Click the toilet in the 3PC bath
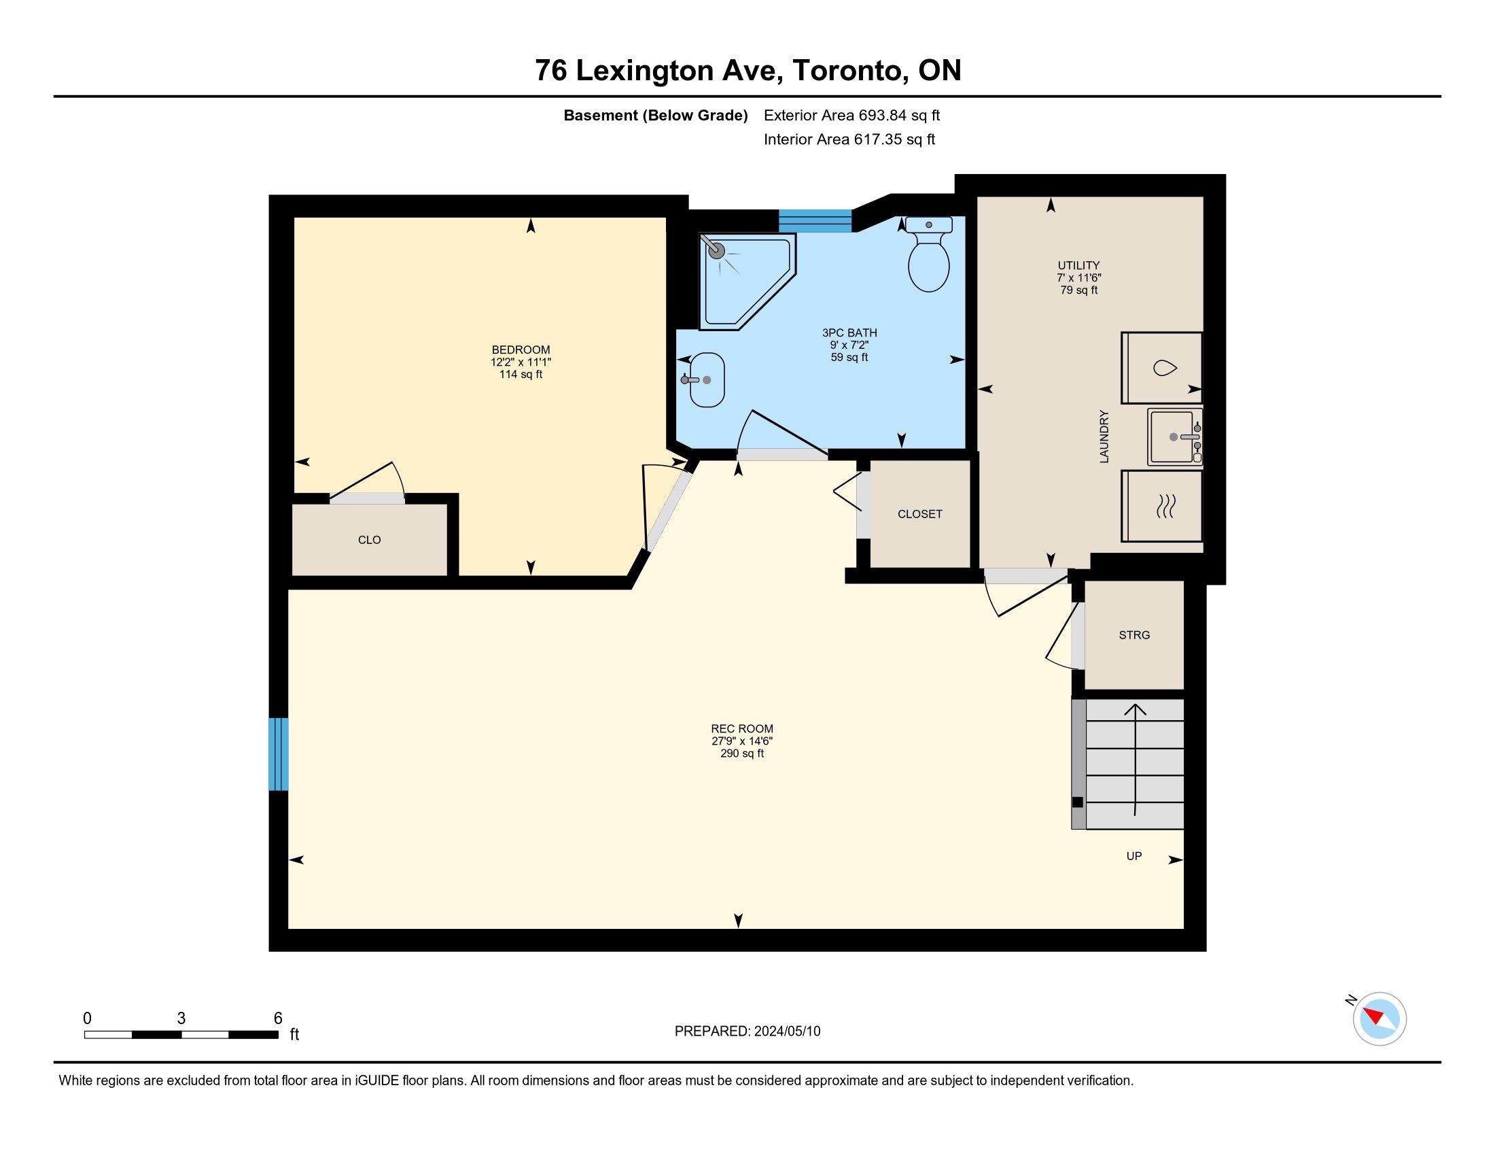tap(928, 254)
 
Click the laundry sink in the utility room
tap(1175, 437)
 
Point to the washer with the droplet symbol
tap(1161, 368)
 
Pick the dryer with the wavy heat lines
tap(1161, 505)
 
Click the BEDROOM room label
tap(521, 350)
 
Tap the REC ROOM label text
tap(742, 729)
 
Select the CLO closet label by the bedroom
tap(369, 540)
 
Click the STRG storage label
tap(1134, 635)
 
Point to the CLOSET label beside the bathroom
tap(920, 513)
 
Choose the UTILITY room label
tap(1079, 265)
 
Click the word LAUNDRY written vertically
tap(1104, 437)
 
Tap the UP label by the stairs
tap(1134, 855)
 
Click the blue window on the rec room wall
tap(279, 754)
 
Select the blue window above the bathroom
tap(815, 221)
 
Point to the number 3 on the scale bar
tap(181, 1018)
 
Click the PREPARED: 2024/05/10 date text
tap(747, 1031)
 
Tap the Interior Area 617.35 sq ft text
tap(849, 139)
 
